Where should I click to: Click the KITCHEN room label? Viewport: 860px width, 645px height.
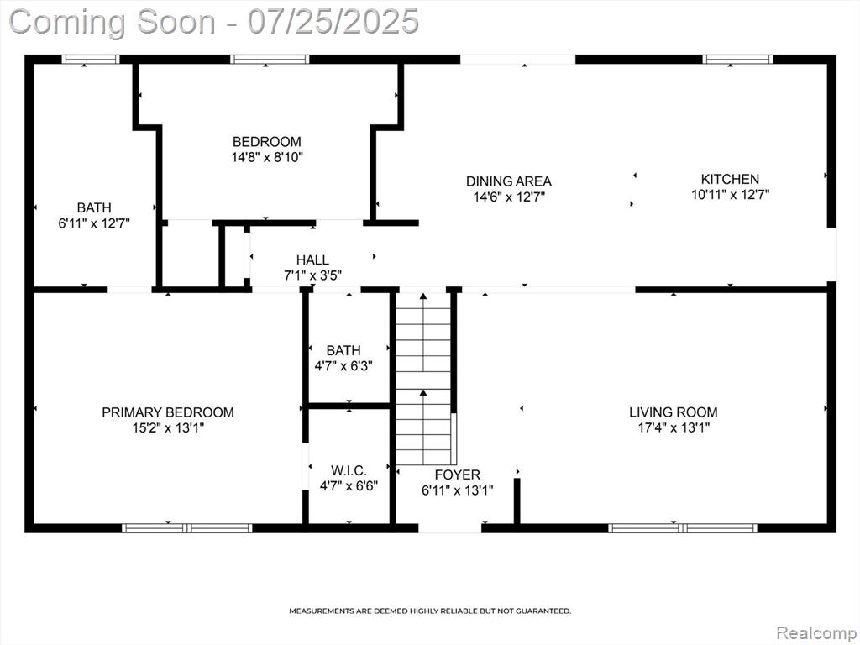730,179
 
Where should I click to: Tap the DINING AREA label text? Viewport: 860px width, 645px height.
508,181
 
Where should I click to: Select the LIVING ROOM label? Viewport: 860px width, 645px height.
673,412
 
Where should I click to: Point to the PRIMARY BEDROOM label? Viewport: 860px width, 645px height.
168,412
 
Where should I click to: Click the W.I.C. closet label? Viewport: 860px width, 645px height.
349,470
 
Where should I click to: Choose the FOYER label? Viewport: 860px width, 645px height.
458,475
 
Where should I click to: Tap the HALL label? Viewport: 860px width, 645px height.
312,260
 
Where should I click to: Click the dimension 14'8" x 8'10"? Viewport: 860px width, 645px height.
267,157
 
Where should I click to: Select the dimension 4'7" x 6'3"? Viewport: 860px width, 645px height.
343,365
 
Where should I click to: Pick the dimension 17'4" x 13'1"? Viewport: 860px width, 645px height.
674,427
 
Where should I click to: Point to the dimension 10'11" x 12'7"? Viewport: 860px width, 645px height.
730,194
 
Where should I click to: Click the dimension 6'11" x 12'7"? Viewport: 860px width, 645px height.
94,223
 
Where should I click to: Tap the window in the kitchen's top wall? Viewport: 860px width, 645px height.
737,60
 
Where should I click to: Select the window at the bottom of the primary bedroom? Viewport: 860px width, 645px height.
187,528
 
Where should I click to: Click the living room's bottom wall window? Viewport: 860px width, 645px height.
683,528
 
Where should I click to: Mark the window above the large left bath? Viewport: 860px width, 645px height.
91,60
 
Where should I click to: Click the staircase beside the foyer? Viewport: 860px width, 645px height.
423,379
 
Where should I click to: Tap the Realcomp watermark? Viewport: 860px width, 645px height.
815,633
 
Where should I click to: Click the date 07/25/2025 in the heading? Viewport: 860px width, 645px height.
333,22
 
